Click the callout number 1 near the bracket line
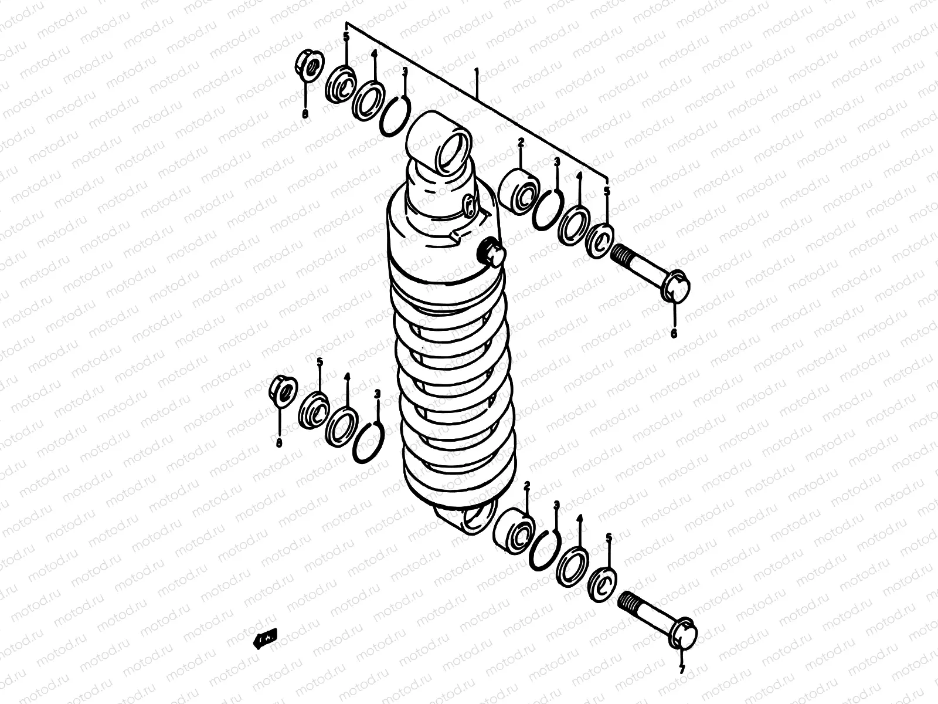coord(477,72)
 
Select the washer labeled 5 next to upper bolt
coord(601,239)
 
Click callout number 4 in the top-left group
coord(373,54)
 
